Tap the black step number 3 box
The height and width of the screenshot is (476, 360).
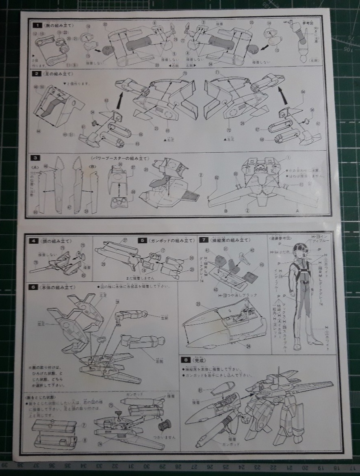click(x=37, y=157)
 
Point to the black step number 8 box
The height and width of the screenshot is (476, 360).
click(x=186, y=359)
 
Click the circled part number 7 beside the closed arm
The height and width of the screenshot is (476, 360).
click(x=84, y=425)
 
